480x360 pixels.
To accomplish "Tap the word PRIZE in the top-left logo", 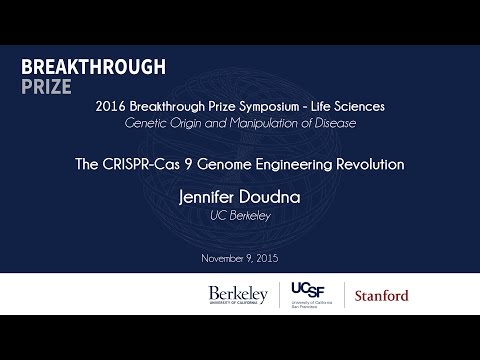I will click(x=46, y=86).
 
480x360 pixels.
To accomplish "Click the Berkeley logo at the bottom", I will click(x=238, y=294).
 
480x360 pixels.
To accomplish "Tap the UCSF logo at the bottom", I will click(x=309, y=294).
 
